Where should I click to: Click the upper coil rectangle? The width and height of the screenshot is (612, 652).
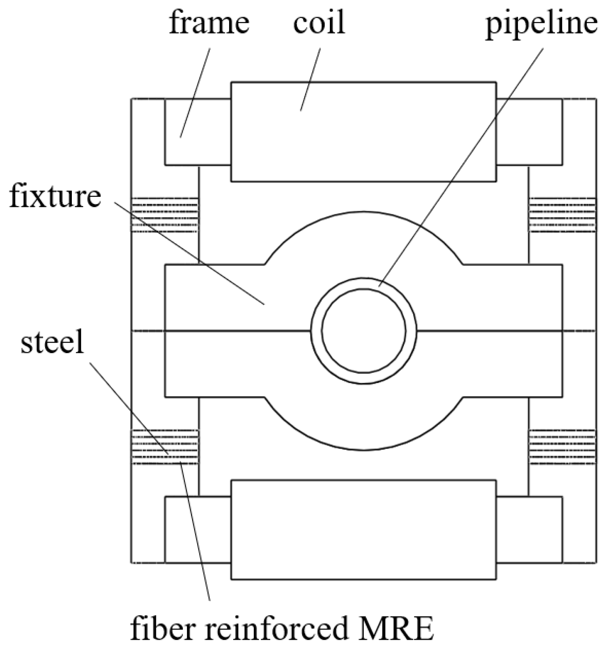click(x=363, y=132)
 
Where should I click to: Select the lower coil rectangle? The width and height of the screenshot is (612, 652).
click(x=363, y=530)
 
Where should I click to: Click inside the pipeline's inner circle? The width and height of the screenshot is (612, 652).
click(x=364, y=331)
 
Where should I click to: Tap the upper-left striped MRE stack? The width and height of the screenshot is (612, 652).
click(x=165, y=215)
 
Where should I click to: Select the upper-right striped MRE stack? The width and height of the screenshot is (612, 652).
click(x=562, y=215)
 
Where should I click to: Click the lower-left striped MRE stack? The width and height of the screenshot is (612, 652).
click(x=165, y=447)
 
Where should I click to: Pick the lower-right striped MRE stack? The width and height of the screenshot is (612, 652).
click(x=562, y=447)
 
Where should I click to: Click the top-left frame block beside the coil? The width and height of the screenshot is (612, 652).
click(x=198, y=132)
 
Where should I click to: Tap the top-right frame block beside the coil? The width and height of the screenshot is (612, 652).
click(x=530, y=132)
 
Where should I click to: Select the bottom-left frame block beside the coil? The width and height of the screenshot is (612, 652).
click(x=198, y=530)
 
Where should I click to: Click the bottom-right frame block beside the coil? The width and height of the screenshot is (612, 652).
click(x=530, y=530)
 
